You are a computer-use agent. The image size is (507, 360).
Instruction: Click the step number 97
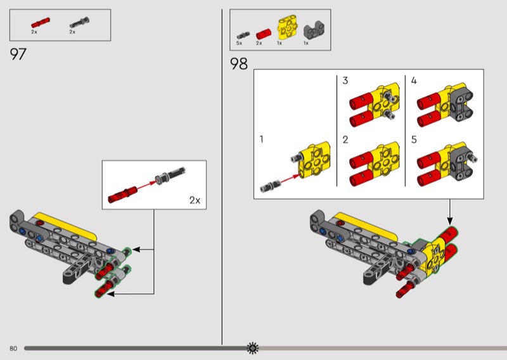click(18, 54)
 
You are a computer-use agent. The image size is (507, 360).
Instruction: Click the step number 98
click(239, 64)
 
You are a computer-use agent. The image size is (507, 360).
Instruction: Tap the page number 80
click(13, 349)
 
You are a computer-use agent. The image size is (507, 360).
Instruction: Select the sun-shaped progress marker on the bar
click(252, 348)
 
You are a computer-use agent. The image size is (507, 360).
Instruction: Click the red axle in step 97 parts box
click(41, 23)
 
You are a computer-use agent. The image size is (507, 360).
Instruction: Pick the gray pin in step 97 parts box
click(80, 23)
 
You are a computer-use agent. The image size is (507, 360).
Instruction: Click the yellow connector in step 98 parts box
click(287, 27)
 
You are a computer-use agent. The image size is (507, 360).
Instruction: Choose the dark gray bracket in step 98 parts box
click(314, 30)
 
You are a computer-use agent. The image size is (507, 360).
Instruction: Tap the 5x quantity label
click(240, 43)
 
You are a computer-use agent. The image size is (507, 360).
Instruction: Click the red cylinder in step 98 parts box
click(264, 34)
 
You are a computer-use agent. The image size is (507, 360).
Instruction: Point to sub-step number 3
click(345, 80)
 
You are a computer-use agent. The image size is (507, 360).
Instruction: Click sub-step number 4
click(414, 80)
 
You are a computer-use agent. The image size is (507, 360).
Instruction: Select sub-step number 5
click(414, 139)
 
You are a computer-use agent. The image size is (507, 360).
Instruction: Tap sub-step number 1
click(261, 139)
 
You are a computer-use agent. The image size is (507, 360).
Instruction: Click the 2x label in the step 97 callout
click(195, 200)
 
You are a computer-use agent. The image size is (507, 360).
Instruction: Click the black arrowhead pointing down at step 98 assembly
click(449, 221)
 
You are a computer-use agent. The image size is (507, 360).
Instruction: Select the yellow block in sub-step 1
click(314, 160)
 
